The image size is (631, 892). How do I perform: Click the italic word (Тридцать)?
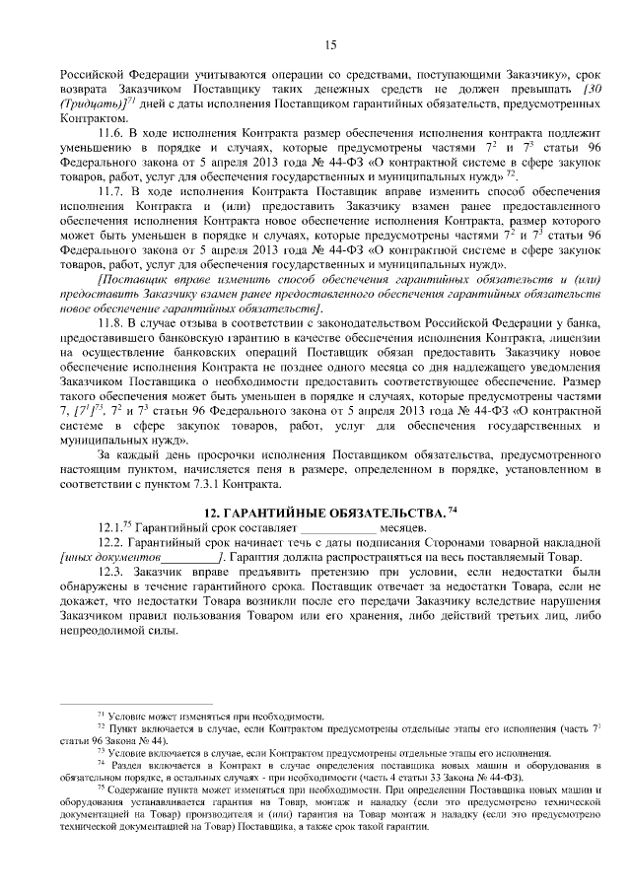pos(91,103)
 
